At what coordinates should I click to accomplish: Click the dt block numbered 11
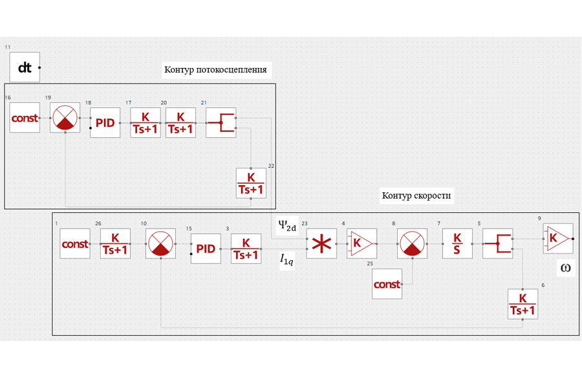click(x=25, y=67)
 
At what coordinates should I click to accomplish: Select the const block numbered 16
click(x=25, y=117)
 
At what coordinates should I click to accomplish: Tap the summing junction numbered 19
click(x=65, y=117)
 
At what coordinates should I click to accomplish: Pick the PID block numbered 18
click(x=105, y=122)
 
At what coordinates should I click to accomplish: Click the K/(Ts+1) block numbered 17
click(x=145, y=122)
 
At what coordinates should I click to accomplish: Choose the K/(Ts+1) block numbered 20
click(x=180, y=122)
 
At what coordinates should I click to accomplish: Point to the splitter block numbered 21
click(x=221, y=122)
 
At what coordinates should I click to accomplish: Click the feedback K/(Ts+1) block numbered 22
click(x=251, y=183)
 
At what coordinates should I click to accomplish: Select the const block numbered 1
click(x=75, y=243)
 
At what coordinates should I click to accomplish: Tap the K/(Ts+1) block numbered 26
click(x=115, y=243)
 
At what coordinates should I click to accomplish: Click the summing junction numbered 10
click(x=160, y=243)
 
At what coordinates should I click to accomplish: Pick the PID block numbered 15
click(x=206, y=249)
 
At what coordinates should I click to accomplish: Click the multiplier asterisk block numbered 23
click(x=321, y=243)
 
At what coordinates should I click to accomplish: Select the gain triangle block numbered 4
click(x=362, y=243)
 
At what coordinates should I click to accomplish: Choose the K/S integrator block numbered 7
click(x=457, y=243)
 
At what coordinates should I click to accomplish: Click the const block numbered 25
click(x=387, y=284)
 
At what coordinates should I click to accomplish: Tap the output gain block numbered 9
click(x=558, y=238)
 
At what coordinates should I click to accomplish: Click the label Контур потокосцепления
click(x=215, y=69)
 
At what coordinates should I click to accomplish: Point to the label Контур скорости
click(x=416, y=195)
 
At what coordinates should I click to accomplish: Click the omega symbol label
click(x=566, y=268)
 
